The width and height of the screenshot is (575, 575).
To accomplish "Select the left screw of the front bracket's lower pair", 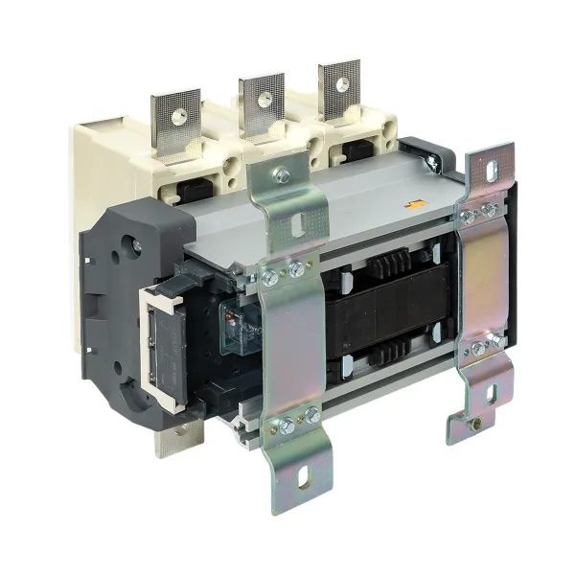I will tap(286, 423).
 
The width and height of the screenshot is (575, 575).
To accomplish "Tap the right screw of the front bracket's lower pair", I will tap(311, 415).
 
